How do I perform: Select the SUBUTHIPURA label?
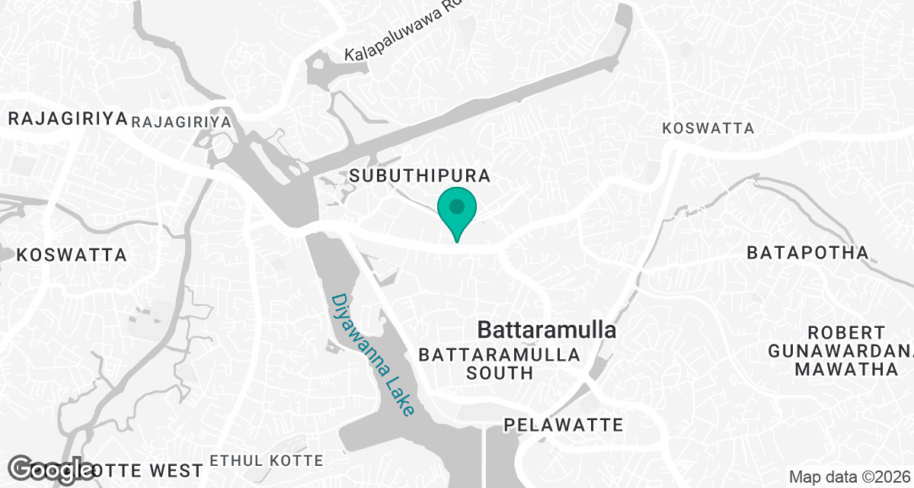419,175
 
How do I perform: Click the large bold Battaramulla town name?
546,330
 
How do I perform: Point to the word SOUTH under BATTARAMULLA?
500,373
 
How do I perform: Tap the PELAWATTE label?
564,425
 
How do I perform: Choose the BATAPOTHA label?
807,252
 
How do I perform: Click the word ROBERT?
846,332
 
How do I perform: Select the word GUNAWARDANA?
840,351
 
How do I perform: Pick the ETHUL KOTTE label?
267,461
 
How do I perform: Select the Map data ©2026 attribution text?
849,477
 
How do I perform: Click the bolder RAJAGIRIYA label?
66,118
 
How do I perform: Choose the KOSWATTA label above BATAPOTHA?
708,128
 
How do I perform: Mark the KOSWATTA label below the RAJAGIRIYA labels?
71,255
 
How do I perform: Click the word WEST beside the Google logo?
181,469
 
